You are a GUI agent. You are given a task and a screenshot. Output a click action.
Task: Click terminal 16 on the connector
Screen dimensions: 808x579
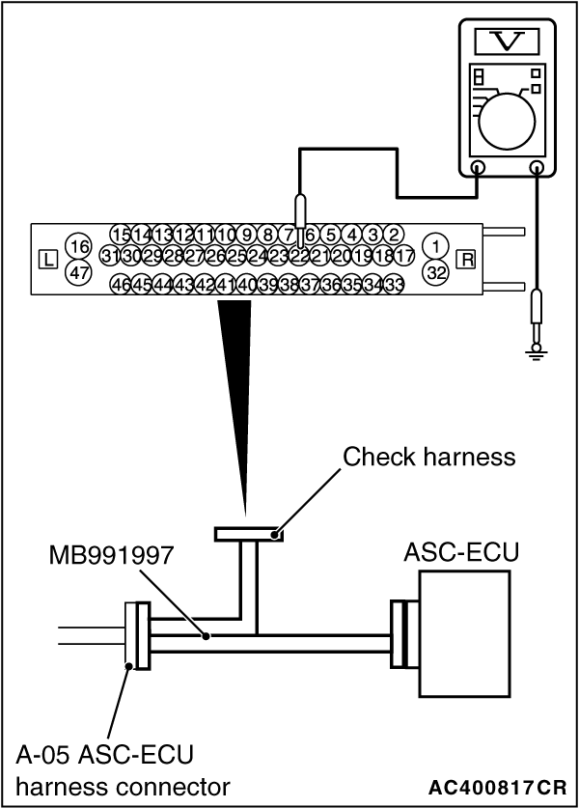tap(80, 247)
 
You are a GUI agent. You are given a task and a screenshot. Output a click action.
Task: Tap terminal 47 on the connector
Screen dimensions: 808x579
tap(80, 272)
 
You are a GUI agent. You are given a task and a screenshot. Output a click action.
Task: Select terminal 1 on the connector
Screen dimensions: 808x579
tap(437, 247)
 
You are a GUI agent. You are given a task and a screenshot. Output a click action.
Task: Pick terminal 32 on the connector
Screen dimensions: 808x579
tap(437, 272)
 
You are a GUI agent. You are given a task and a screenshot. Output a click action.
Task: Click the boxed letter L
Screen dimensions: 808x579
tap(47, 259)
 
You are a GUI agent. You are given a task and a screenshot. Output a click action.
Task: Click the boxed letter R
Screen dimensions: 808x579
tap(468, 259)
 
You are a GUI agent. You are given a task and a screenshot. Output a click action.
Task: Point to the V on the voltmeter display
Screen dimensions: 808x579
tap(507, 42)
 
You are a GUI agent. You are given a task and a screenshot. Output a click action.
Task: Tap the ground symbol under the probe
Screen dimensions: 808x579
tap(537, 353)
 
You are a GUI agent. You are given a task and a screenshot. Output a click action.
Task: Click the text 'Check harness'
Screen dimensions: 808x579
tap(429, 457)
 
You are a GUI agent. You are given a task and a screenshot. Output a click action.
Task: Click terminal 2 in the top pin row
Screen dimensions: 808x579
tap(394, 235)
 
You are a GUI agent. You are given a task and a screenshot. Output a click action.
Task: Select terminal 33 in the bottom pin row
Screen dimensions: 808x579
tap(394, 285)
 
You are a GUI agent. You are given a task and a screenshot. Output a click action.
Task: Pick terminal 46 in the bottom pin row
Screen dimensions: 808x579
tap(121, 285)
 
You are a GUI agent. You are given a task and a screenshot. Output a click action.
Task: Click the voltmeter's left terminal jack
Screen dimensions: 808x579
tap(479, 166)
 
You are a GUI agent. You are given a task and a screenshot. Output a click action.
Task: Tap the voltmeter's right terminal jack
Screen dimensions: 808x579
tap(537, 166)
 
